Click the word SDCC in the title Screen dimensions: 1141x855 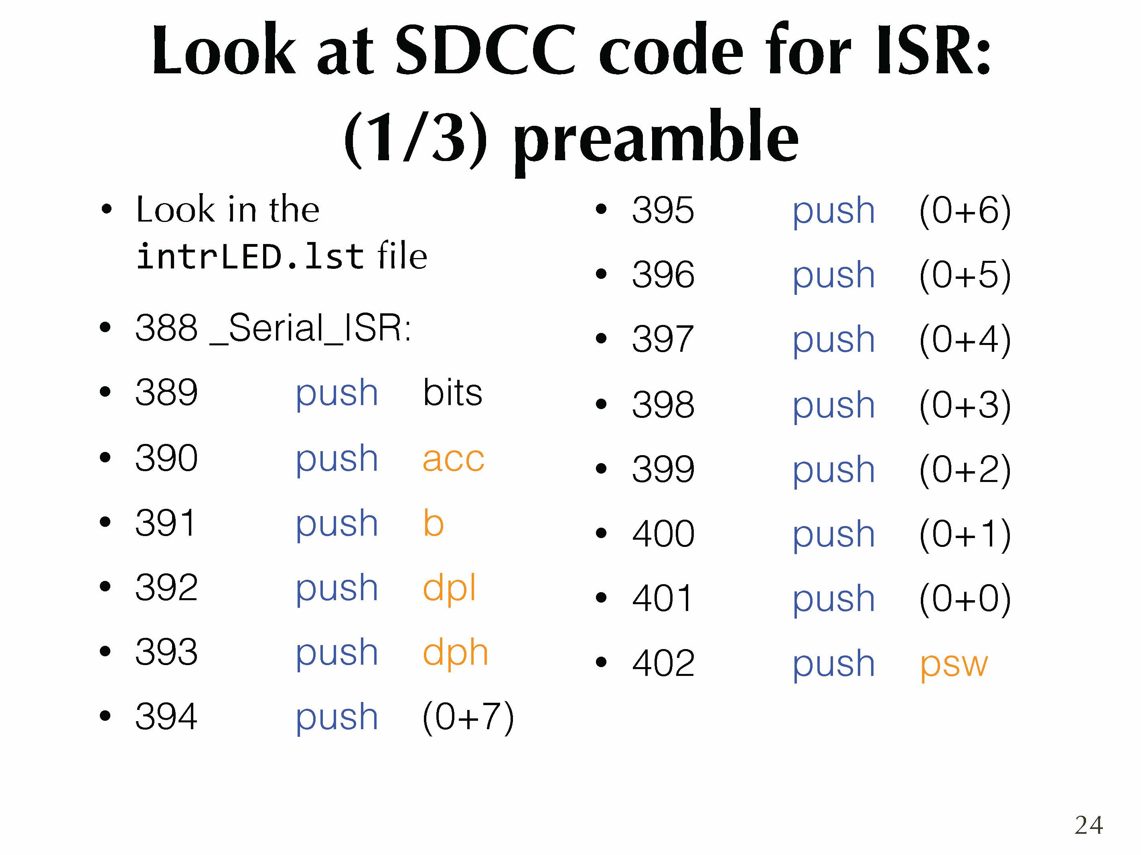pyautogui.click(x=485, y=50)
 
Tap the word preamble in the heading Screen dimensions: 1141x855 pyautogui.click(x=656, y=139)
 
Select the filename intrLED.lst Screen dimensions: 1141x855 pyautogui.click(x=250, y=256)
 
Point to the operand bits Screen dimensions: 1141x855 pyautogui.click(x=452, y=392)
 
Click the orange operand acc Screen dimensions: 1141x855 pyautogui.click(x=454, y=459)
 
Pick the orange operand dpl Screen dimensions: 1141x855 pyautogui.click(x=449, y=589)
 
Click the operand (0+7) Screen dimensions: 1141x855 pyautogui.click(x=468, y=717)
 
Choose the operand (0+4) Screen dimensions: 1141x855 pyautogui.click(x=965, y=340)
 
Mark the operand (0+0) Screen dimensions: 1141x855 pyautogui.click(x=965, y=599)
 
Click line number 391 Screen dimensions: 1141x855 pyautogui.click(x=166, y=522)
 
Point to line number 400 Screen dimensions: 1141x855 pyautogui.click(x=663, y=533)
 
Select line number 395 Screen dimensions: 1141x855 pyautogui.click(x=663, y=210)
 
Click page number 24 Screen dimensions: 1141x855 pyautogui.click(x=1088, y=825)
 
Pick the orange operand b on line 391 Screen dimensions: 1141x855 pyautogui.click(x=433, y=523)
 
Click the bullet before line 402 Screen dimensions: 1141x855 pyautogui.click(x=601, y=662)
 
